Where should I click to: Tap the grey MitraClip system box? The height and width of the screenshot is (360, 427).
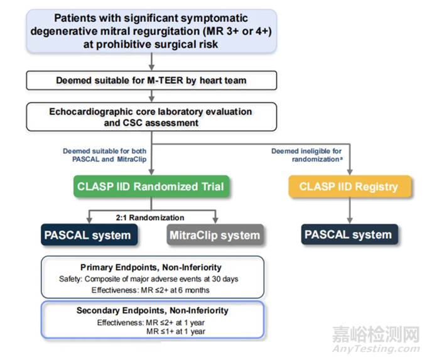(213, 236)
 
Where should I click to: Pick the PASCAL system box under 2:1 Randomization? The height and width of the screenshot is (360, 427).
(87, 236)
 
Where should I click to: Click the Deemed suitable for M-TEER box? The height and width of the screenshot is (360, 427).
(151, 80)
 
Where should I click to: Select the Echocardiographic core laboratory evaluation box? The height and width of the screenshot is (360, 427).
(151, 117)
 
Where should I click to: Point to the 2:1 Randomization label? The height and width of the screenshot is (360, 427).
(150, 217)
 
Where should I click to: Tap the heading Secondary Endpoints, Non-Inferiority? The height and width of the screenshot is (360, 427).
(152, 310)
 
